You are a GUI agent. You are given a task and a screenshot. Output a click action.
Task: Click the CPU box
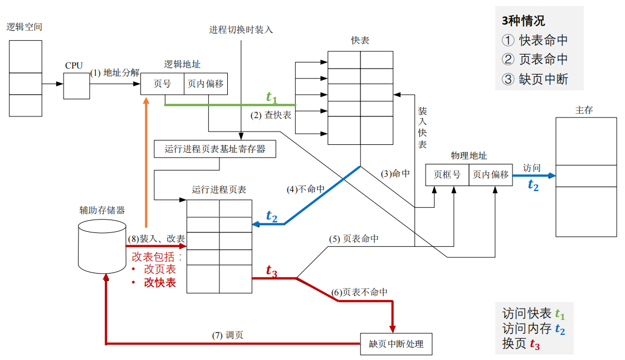(x=76, y=85)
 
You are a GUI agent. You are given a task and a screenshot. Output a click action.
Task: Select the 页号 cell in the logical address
(x=162, y=84)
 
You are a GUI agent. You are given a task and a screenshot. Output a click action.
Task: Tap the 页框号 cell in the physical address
(x=447, y=174)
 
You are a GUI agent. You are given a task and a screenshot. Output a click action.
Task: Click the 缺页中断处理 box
(x=396, y=344)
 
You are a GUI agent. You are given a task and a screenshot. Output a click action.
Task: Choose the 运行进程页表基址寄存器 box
(x=215, y=149)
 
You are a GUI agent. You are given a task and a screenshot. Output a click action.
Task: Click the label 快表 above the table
(x=360, y=41)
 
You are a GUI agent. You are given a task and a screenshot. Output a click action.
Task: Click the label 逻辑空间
(x=25, y=27)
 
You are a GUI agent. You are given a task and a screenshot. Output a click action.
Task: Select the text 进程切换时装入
(x=241, y=30)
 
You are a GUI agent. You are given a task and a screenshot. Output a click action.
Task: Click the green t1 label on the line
(x=271, y=98)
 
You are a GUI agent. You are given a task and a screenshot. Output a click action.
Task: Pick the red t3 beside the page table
(x=271, y=271)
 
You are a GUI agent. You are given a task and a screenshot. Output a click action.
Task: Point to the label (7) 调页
(x=227, y=335)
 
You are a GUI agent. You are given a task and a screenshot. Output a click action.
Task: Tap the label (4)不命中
(x=306, y=189)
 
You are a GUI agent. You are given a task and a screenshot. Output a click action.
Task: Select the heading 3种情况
(x=524, y=21)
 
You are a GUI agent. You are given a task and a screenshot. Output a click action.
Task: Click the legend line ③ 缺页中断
(x=535, y=79)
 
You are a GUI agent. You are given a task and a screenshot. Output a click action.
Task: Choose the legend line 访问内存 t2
(x=534, y=329)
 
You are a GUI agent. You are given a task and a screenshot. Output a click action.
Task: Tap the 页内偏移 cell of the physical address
(x=491, y=174)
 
